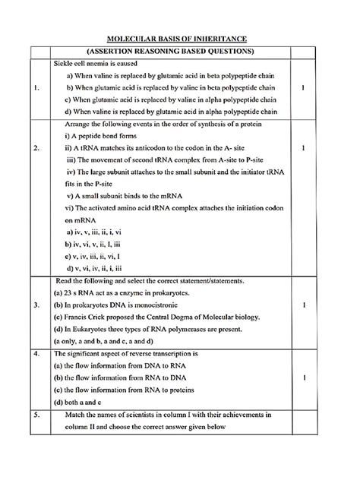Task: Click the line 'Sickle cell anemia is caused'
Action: point(94,63)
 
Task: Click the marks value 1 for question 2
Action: point(302,148)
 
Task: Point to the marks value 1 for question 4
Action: point(302,377)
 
